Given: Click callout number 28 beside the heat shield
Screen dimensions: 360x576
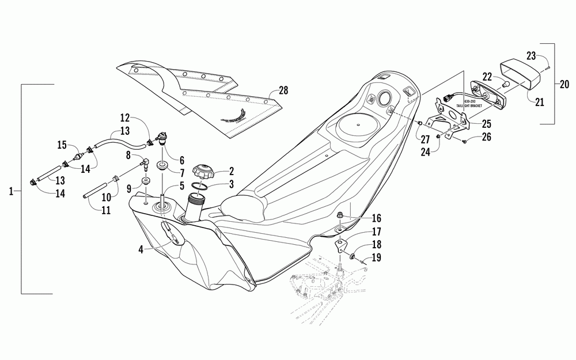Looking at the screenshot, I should tap(283, 90).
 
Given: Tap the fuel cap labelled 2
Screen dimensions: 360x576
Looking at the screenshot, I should tap(204, 171).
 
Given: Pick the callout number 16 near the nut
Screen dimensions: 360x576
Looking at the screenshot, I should tap(376, 218).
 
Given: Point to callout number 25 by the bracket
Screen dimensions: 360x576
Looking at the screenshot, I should tap(487, 123).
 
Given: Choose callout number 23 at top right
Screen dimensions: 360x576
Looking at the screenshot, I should tap(531, 56).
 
